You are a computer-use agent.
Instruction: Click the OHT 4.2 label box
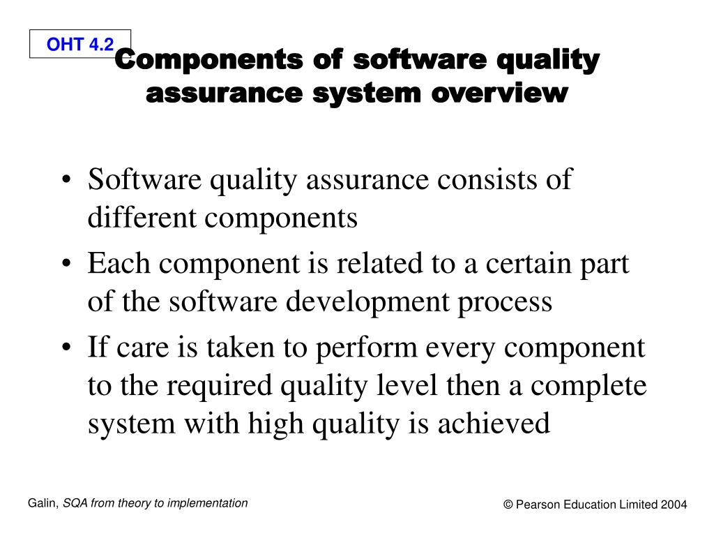80,45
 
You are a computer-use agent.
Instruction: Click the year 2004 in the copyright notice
674,505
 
